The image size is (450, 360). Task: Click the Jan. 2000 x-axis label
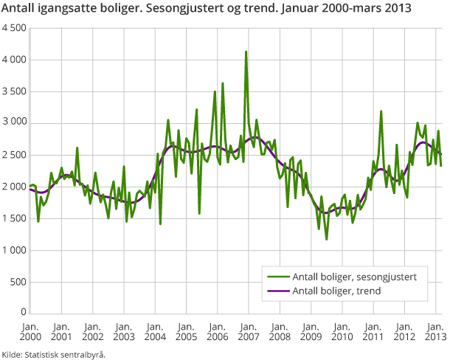pyautogui.click(x=30, y=331)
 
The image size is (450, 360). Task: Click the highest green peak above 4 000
pyautogui.click(x=246, y=52)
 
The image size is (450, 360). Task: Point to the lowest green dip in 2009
pyautogui.click(x=326, y=238)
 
